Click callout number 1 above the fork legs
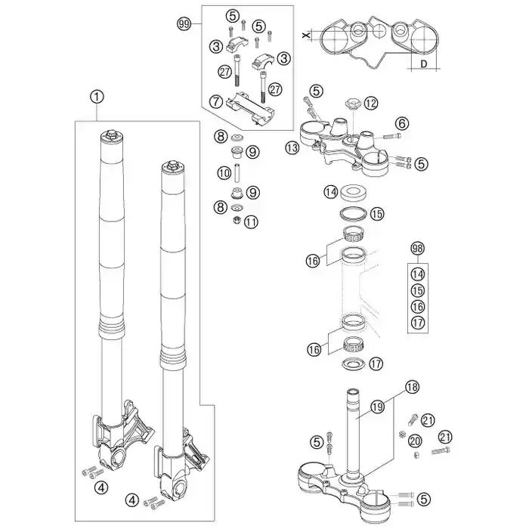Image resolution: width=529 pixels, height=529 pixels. coord(95,97)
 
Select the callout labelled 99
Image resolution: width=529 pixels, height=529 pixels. coord(183,24)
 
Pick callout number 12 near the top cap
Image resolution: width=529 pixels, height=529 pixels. coord(371,102)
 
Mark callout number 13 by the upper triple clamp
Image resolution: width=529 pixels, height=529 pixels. coord(293,148)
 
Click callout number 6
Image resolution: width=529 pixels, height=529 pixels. coord(401,123)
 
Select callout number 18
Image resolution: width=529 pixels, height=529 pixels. coord(411,385)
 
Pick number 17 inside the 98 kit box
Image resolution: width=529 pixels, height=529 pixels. coord(418,323)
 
